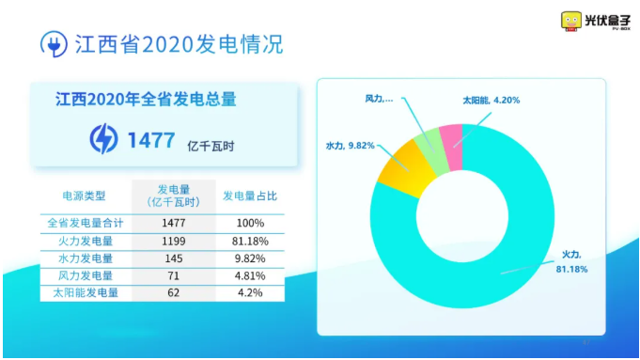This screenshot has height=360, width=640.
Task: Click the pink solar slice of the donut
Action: click(451, 148)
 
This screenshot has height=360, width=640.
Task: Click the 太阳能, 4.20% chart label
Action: click(491, 101)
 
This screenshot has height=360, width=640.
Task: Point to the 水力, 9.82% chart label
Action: click(351, 146)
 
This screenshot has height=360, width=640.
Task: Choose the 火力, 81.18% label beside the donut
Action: click(571, 261)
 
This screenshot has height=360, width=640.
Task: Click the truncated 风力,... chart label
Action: click(379, 99)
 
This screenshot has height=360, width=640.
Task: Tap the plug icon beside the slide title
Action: click(54, 44)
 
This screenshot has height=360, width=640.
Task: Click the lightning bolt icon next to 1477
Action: click(103, 139)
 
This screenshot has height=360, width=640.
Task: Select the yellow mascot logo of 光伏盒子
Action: click(571, 22)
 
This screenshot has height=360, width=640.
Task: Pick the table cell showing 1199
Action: click(174, 242)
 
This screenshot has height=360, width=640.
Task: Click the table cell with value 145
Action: click(174, 258)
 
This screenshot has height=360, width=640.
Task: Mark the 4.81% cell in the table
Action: click(250, 276)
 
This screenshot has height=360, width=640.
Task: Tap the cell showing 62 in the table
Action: click(174, 293)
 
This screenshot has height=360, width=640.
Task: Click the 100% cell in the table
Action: click(250, 224)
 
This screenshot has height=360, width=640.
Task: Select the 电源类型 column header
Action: click(84, 196)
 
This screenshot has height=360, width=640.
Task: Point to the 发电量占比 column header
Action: click(250, 196)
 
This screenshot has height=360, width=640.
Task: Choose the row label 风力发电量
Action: click(86, 276)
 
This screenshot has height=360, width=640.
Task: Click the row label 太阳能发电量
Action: click(86, 293)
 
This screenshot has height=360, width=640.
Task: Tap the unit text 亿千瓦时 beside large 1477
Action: click(211, 146)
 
